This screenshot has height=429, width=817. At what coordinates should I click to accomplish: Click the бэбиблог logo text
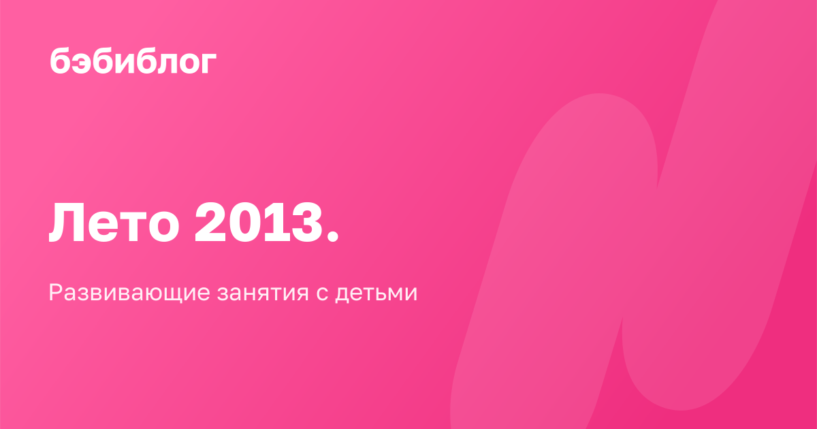[133, 61]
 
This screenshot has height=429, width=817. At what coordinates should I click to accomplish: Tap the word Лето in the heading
[114, 223]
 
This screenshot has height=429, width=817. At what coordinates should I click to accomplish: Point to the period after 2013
[333, 236]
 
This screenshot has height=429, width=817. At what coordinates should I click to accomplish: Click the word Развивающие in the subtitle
[129, 293]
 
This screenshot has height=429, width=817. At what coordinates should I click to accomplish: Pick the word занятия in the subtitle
[263, 293]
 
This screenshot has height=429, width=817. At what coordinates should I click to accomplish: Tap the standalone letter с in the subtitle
[322, 293]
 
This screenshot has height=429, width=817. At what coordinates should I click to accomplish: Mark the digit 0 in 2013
[244, 223]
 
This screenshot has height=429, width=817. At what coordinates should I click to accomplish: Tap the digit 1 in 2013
[274, 223]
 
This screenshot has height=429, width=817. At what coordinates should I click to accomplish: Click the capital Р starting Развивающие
[56, 293]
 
